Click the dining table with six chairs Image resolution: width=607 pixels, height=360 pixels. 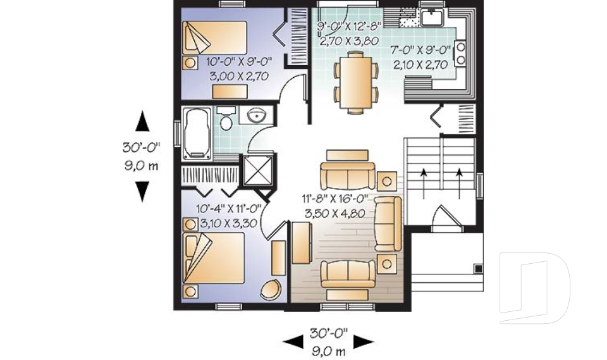point(354,81)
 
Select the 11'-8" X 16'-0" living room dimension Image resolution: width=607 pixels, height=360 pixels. point(334,197)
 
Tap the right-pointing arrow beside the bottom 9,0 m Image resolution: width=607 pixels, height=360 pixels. point(363,342)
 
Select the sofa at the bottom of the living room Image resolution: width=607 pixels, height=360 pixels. point(344,274)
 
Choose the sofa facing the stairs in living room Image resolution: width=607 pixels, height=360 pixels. point(387,222)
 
